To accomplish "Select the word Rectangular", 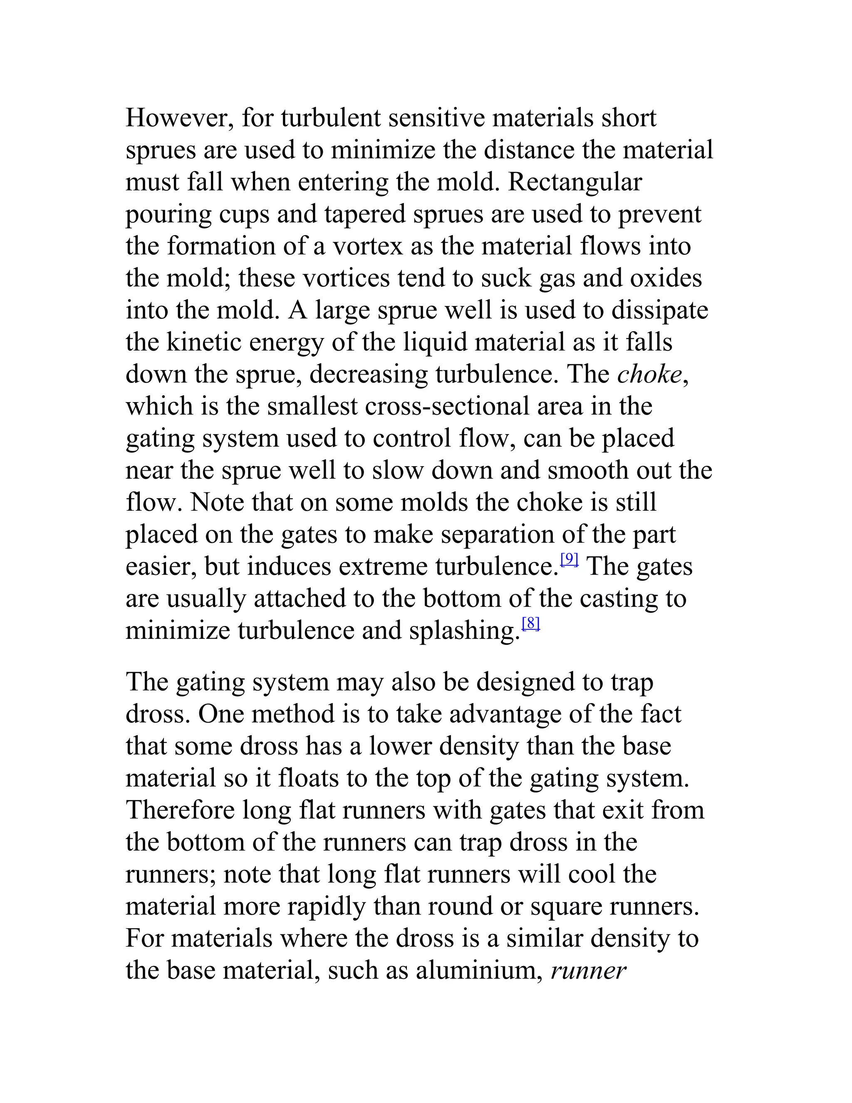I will click(575, 182).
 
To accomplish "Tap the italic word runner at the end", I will click(589, 971).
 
